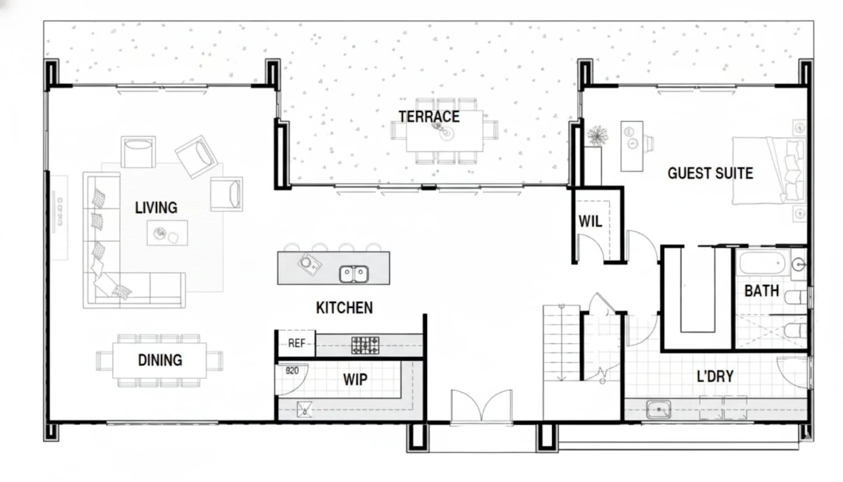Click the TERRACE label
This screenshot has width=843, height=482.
(x=429, y=117)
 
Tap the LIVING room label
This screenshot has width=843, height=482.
(x=156, y=208)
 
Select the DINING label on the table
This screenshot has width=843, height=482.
(x=160, y=360)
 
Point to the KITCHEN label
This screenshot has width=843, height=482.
(x=344, y=308)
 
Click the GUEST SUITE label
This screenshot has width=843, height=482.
(x=711, y=174)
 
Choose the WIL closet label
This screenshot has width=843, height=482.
(x=590, y=222)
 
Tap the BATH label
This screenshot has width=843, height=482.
(x=762, y=291)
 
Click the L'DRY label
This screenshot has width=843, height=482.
(x=715, y=376)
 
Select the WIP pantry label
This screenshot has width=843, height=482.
(x=355, y=380)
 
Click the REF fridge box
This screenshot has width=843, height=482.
(x=296, y=343)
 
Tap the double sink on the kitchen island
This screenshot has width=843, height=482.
(x=354, y=274)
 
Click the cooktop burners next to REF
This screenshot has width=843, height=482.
(x=365, y=345)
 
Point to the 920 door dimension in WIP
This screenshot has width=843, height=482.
(x=292, y=371)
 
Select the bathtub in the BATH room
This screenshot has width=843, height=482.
(x=764, y=263)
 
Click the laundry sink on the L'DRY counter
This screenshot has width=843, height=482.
(x=659, y=409)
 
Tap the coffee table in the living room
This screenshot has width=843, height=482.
(x=167, y=233)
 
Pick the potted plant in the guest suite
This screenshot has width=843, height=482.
(x=597, y=136)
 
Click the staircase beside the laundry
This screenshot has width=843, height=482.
(x=561, y=343)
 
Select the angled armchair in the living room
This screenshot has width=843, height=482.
(x=196, y=157)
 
